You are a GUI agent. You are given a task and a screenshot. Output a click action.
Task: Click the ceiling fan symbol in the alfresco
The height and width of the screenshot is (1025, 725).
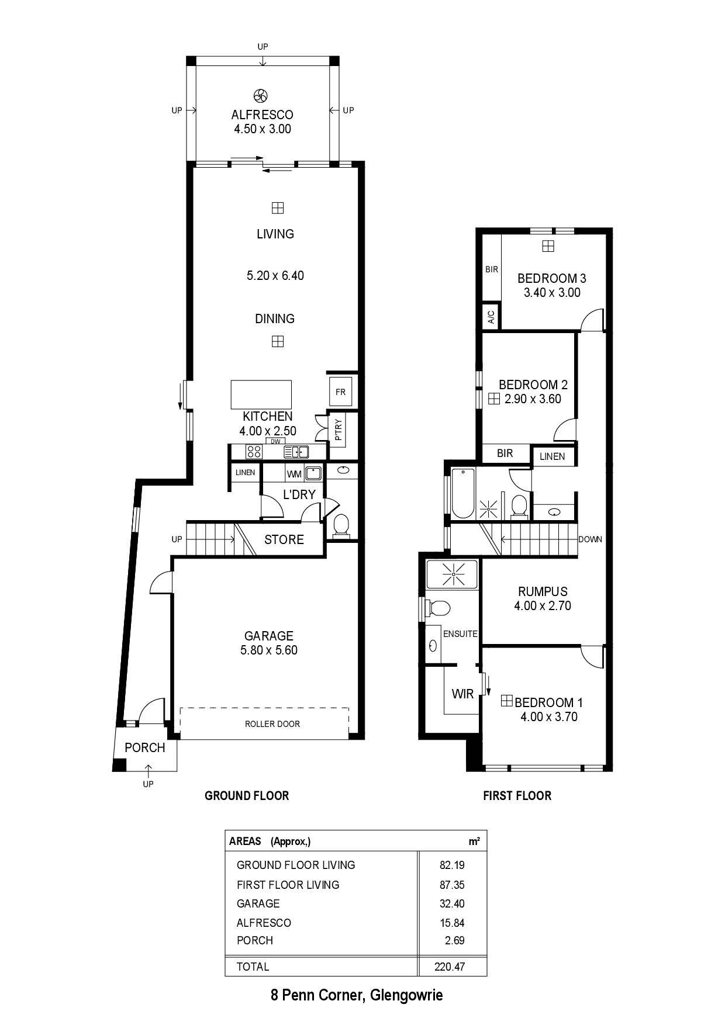click(x=261, y=95)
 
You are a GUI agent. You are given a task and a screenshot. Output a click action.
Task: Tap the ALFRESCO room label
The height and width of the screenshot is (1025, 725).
click(x=262, y=115)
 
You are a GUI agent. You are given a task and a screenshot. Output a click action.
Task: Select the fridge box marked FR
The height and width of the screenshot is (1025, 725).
click(x=340, y=392)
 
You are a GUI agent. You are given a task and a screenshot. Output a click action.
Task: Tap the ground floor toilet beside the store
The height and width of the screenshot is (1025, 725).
click(x=340, y=525)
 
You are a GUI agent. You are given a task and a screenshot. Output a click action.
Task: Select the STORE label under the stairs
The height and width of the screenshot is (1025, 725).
click(x=284, y=539)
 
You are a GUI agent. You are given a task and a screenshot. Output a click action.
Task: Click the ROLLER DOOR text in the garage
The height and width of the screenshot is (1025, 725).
click(x=272, y=723)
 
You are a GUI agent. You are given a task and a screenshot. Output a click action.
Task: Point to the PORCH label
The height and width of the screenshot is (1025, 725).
click(x=145, y=747)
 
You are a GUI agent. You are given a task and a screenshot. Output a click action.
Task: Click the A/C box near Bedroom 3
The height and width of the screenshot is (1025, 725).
click(x=491, y=317)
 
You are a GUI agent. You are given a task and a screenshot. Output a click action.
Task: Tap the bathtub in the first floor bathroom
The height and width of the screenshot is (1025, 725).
click(x=463, y=493)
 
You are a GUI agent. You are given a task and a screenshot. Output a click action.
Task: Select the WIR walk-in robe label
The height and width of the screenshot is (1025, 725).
click(x=462, y=694)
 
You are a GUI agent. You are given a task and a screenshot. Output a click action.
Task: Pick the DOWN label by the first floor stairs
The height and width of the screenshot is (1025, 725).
click(x=590, y=539)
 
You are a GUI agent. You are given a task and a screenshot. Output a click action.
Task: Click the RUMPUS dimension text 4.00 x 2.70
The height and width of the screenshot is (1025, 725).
click(x=543, y=606)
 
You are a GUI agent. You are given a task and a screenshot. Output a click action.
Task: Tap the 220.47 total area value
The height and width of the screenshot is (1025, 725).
click(x=450, y=967)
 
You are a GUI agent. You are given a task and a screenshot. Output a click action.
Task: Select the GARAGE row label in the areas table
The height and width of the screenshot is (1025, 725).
click(x=258, y=903)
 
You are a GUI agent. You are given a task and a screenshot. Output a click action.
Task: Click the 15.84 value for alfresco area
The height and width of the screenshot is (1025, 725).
click(x=452, y=923)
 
